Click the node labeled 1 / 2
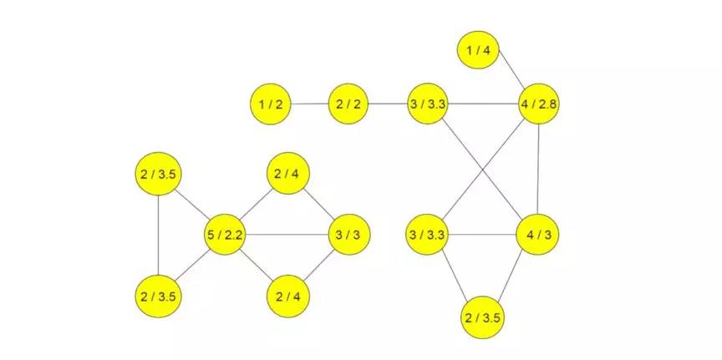(271, 104)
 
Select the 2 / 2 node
(348, 104)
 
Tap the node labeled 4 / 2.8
(538, 104)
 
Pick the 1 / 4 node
(479, 50)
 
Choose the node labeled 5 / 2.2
(225, 235)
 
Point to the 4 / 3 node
(537, 235)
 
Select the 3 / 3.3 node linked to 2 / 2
(427, 104)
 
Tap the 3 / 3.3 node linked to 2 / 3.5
(427, 235)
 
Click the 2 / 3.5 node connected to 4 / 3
(482, 317)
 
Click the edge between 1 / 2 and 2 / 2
(310, 104)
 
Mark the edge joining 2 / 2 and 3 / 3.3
(389, 104)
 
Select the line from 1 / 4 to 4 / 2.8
(512, 68)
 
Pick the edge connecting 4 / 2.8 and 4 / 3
(538, 170)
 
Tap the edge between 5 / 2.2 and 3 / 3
(287, 235)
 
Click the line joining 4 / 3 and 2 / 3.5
(511, 276)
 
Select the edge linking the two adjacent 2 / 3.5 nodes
(158, 236)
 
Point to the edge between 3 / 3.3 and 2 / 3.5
(455, 276)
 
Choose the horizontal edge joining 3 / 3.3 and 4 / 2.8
(483, 104)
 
